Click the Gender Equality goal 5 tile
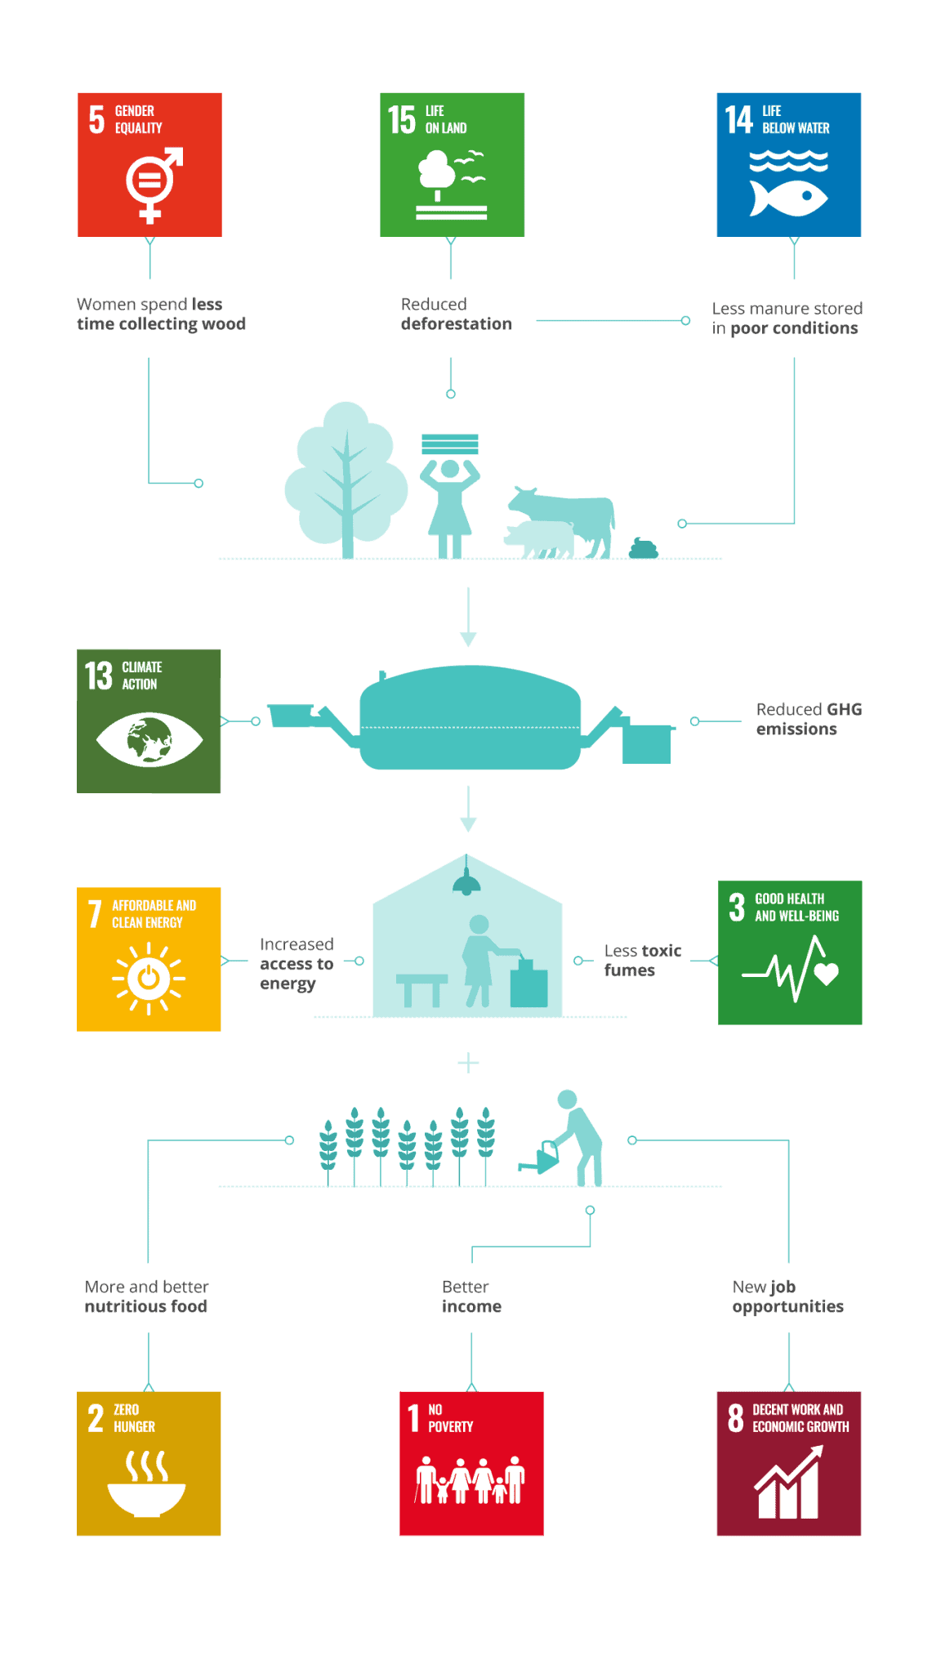click(149, 164)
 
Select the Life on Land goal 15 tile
click(452, 164)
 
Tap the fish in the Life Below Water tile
click(788, 197)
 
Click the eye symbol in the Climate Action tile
click(149, 739)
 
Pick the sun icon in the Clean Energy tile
click(149, 977)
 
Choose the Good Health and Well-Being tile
click(790, 952)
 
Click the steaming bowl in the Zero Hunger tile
click(147, 1484)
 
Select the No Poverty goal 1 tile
click(471, 1463)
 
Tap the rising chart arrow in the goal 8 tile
click(789, 1482)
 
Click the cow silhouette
click(572, 515)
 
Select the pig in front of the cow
click(539, 539)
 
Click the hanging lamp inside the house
click(466, 881)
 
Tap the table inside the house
click(421, 988)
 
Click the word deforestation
click(456, 323)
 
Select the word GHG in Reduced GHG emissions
click(844, 709)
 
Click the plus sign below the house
click(468, 1063)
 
